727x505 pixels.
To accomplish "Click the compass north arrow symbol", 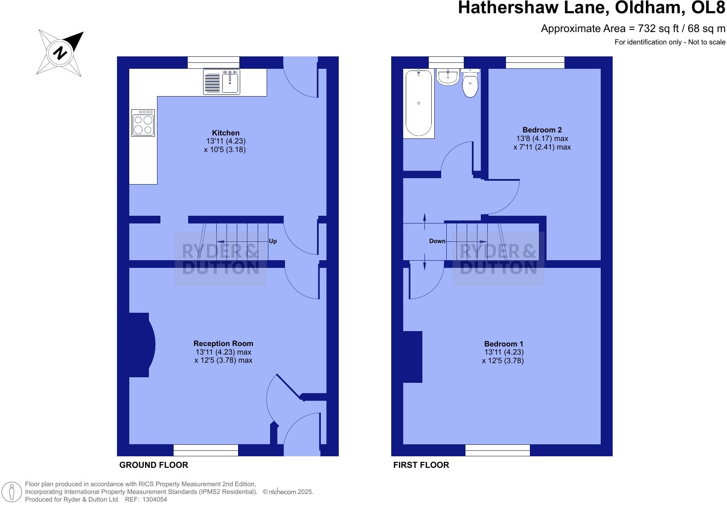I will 60,53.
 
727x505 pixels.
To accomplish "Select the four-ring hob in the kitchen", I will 143,123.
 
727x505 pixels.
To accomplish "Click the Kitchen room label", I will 226,133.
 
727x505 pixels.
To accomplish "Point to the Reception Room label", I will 223,344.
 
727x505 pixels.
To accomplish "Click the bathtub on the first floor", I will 419,104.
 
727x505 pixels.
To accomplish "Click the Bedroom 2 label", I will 542,130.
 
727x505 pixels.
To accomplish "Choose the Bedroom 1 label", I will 503,344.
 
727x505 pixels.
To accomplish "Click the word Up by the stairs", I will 273,241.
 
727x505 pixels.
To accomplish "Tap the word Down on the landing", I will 437,241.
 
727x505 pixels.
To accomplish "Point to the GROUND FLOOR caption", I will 154,465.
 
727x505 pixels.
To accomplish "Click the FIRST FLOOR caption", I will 421,465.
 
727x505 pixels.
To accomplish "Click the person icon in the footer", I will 12,492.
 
